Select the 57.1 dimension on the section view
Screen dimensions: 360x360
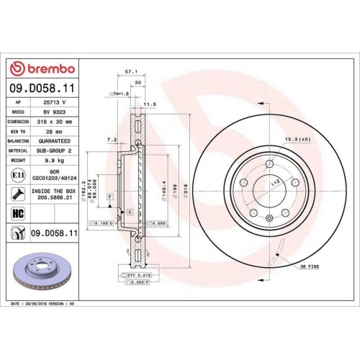pos(131,72)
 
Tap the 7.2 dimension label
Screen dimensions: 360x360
pos(112,139)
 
